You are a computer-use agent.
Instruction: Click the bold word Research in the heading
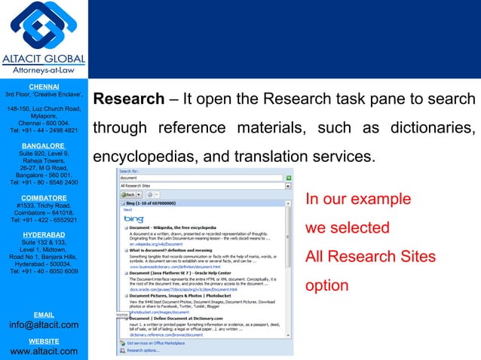point(127,100)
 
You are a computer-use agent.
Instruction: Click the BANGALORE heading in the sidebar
point(44,145)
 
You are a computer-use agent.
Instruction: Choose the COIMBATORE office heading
point(44,197)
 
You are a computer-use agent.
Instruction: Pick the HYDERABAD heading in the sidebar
point(44,235)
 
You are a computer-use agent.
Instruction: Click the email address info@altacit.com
point(44,325)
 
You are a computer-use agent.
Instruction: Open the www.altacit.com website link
point(44,352)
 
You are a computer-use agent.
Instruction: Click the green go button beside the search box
point(288,178)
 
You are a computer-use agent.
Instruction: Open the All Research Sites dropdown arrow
point(288,185)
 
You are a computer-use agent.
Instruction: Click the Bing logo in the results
point(133,218)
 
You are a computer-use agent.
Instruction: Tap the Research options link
point(143,350)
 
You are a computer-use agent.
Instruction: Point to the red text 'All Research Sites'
point(370,257)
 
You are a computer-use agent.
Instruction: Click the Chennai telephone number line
point(44,130)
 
